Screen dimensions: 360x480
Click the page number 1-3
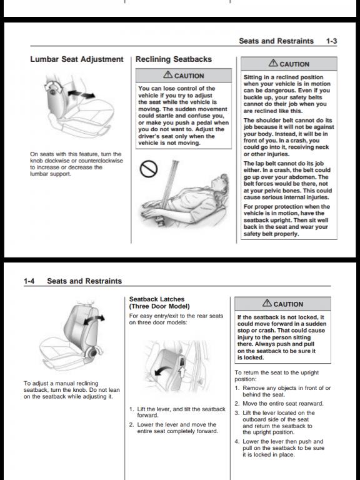click(331, 41)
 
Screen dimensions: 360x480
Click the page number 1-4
click(29, 281)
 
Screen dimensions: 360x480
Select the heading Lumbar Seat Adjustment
click(77, 59)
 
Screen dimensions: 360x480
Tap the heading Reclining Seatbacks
click(174, 59)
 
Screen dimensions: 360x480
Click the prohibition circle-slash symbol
click(149, 169)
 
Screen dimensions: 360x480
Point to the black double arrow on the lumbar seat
click(81, 94)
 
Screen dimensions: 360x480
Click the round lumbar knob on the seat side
click(52, 91)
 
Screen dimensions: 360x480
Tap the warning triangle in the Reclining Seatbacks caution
click(167, 74)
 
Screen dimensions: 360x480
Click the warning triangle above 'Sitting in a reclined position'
click(273, 63)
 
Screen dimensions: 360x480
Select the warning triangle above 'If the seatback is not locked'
click(267, 302)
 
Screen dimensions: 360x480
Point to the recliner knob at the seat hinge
click(92, 352)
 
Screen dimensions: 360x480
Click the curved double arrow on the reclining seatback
click(94, 319)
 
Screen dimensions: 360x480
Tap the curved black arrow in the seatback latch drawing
click(163, 370)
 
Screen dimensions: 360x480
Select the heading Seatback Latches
click(157, 299)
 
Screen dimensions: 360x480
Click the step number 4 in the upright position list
click(237, 441)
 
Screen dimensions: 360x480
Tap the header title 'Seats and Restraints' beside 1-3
click(276, 41)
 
